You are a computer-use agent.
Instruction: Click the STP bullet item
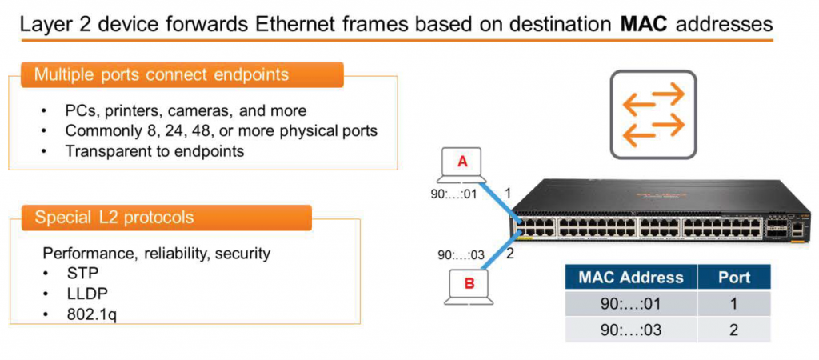[x=82, y=273]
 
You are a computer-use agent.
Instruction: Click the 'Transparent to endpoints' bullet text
[x=154, y=150]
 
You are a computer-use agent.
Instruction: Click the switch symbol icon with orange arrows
[x=653, y=113]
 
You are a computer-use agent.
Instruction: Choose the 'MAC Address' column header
[x=631, y=278]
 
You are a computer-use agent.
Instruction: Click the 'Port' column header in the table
[x=734, y=278]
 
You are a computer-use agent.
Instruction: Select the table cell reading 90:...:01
[x=631, y=304]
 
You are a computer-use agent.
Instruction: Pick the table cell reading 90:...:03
[x=631, y=330]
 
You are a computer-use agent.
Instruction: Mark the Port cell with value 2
[x=734, y=330]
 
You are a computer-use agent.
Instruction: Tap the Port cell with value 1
[x=734, y=304]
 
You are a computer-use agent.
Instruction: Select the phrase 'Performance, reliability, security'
[x=156, y=254]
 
